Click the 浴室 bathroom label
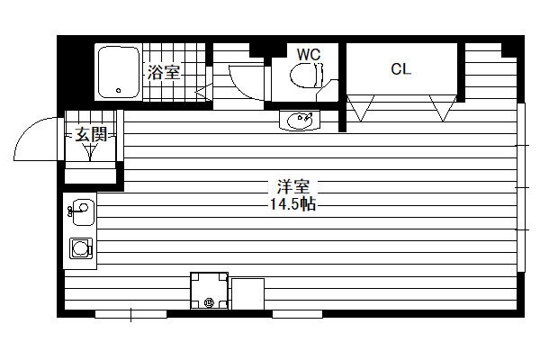click(x=164, y=72)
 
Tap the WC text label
click(x=309, y=55)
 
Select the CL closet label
click(x=400, y=69)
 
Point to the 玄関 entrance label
click(x=91, y=134)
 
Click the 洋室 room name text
click(x=293, y=186)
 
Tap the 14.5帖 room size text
click(x=293, y=204)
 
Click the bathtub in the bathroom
click(x=119, y=72)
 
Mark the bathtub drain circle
click(x=119, y=91)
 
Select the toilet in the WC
click(x=307, y=75)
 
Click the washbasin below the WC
click(x=300, y=120)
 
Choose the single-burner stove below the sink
click(x=81, y=248)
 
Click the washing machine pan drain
click(x=209, y=302)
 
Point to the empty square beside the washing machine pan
click(x=248, y=294)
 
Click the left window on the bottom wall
click(x=130, y=314)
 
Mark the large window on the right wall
click(x=521, y=187)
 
